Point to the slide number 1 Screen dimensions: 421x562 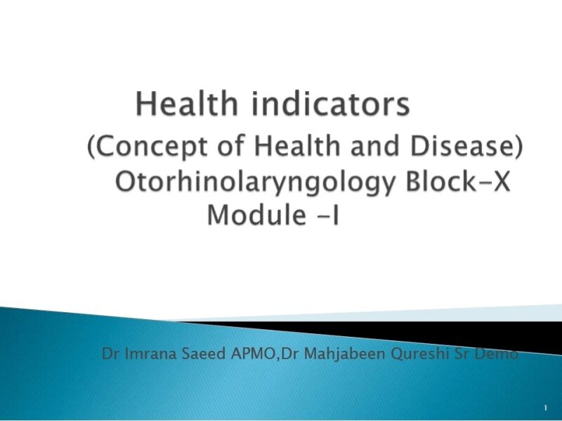(546, 408)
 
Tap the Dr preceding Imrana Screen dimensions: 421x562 (110, 354)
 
